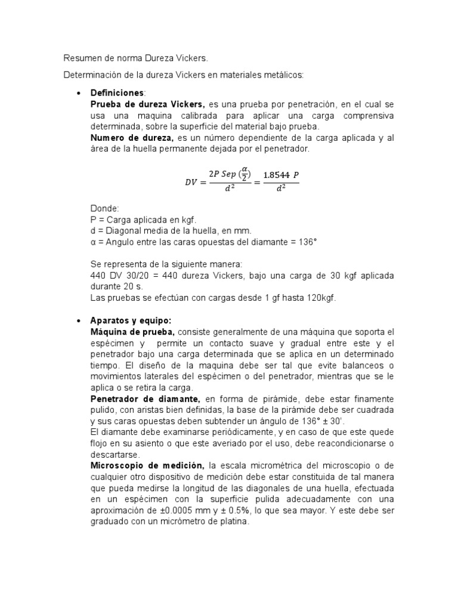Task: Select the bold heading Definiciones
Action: [117, 93]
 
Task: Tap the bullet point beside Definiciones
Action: [79, 94]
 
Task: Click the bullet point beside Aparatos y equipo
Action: [79, 320]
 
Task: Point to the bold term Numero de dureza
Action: [123, 138]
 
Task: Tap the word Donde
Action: [104, 209]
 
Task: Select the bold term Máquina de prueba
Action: [132, 331]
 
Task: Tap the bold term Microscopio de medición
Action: [147, 465]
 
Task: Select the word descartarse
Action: [114, 453]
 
